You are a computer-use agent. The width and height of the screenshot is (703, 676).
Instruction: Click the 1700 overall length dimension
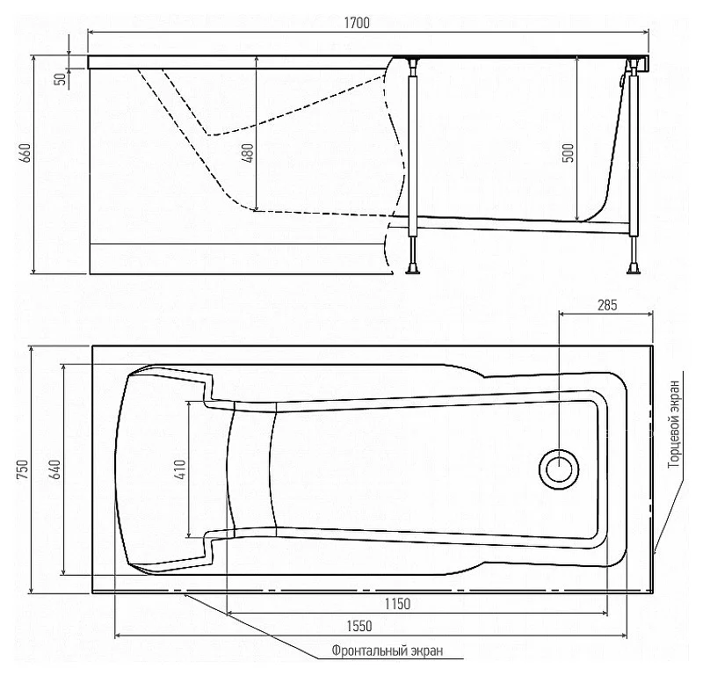[x=357, y=23]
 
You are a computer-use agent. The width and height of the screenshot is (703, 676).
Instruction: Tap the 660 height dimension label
[x=26, y=152]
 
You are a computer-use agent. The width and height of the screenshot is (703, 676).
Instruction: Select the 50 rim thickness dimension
[x=61, y=79]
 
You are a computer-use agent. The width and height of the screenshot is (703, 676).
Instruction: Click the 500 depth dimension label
[x=568, y=152]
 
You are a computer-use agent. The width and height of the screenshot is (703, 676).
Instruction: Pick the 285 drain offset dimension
[x=607, y=305]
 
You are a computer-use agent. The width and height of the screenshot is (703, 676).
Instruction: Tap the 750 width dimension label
[x=23, y=469]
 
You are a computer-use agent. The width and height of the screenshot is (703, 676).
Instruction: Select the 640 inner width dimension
[x=55, y=469]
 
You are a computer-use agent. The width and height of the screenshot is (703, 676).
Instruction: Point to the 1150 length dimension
[x=398, y=604]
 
